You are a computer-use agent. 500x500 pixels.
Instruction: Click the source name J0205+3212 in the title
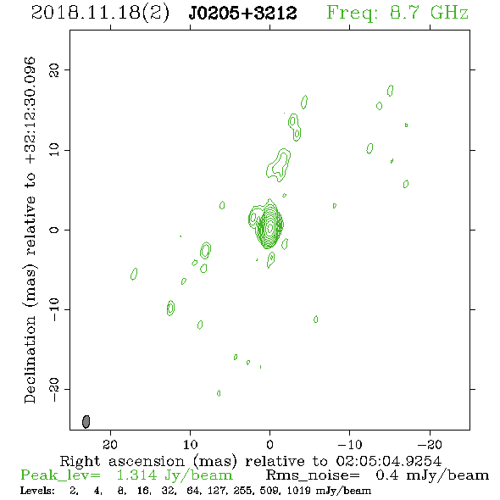[x=242, y=13]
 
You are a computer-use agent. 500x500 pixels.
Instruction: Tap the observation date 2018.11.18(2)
[x=100, y=14]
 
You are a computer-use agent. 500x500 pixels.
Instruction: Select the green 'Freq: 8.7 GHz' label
[x=397, y=13]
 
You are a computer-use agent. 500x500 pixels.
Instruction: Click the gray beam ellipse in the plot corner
[x=86, y=421]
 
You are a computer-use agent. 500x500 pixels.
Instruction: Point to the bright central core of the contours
[x=269, y=227]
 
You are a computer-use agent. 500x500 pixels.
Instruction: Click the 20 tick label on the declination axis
[x=54, y=69]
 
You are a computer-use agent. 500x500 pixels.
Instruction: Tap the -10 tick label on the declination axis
[x=54, y=309]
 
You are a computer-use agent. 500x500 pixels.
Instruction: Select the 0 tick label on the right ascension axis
[x=269, y=444]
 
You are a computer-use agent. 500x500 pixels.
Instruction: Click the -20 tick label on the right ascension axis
[x=430, y=444]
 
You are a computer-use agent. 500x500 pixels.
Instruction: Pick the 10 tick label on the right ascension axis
[x=190, y=444]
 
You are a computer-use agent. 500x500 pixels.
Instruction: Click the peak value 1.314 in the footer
[x=136, y=475]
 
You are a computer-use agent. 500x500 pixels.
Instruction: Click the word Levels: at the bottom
[x=37, y=490]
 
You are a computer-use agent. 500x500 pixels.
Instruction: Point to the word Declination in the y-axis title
[x=30, y=359]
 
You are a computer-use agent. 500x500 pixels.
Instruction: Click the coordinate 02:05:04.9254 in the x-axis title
[x=389, y=461]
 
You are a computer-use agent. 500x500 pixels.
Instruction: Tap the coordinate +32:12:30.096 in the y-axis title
[x=30, y=111]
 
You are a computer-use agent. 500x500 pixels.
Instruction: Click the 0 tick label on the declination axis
[x=54, y=230]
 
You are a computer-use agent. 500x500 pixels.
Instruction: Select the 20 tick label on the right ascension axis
[x=110, y=444]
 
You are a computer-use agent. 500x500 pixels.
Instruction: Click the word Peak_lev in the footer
[x=60, y=475]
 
